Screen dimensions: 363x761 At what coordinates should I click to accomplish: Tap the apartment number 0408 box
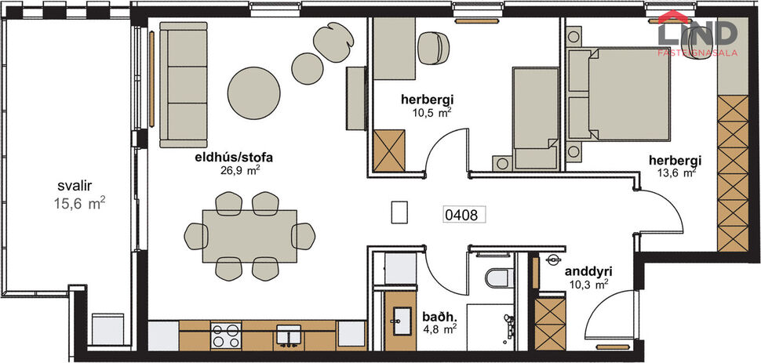[462, 212]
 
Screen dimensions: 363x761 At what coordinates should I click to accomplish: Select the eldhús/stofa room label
[228, 157]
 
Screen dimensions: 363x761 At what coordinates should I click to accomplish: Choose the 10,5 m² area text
[431, 112]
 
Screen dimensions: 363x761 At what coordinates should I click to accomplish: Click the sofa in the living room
[183, 84]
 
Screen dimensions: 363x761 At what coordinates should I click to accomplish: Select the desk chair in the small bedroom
[431, 47]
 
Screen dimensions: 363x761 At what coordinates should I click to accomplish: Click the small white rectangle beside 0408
[400, 213]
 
